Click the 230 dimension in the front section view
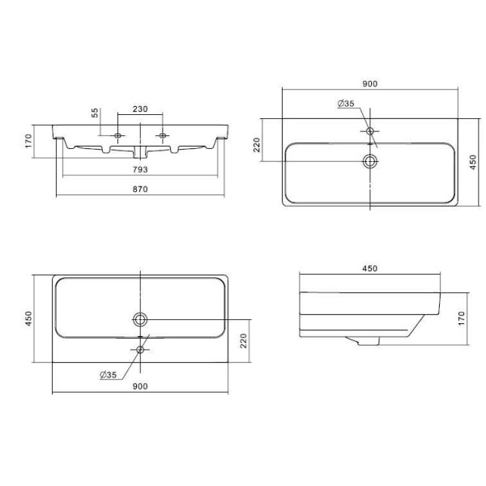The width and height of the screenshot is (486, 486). click(140, 109)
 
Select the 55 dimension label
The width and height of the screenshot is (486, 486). click(95, 113)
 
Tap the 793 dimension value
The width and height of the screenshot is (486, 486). click(140, 169)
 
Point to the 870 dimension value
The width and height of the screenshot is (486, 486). click(140, 189)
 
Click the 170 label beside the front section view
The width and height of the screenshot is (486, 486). click(28, 141)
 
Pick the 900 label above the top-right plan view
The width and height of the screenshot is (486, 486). click(370, 83)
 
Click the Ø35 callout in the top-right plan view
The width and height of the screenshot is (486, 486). click(346, 103)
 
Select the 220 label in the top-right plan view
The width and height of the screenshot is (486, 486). click(257, 145)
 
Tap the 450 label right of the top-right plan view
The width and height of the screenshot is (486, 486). click(473, 162)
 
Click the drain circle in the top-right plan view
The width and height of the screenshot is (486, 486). click(370, 161)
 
